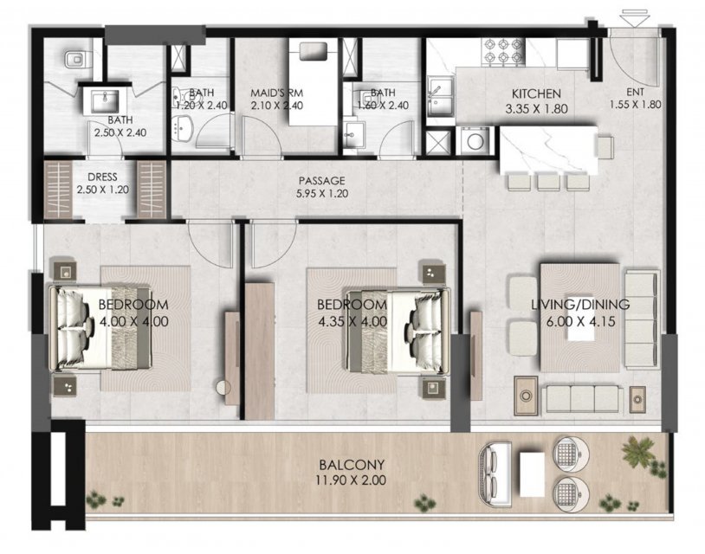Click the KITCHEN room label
click(536, 93)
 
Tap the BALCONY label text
click(352, 464)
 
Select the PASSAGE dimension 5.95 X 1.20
click(322, 194)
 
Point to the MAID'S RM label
click(276, 93)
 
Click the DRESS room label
click(102, 177)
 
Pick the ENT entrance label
click(635, 92)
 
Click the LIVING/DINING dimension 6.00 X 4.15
click(580, 322)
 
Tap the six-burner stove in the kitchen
click(503, 51)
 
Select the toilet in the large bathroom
click(76, 59)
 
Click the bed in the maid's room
click(313, 82)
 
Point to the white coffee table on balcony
click(532, 474)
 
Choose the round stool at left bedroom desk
click(223, 387)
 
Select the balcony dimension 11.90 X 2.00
click(350, 480)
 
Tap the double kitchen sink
click(440, 96)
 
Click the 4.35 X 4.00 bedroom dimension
click(352, 322)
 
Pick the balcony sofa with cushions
click(495, 474)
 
